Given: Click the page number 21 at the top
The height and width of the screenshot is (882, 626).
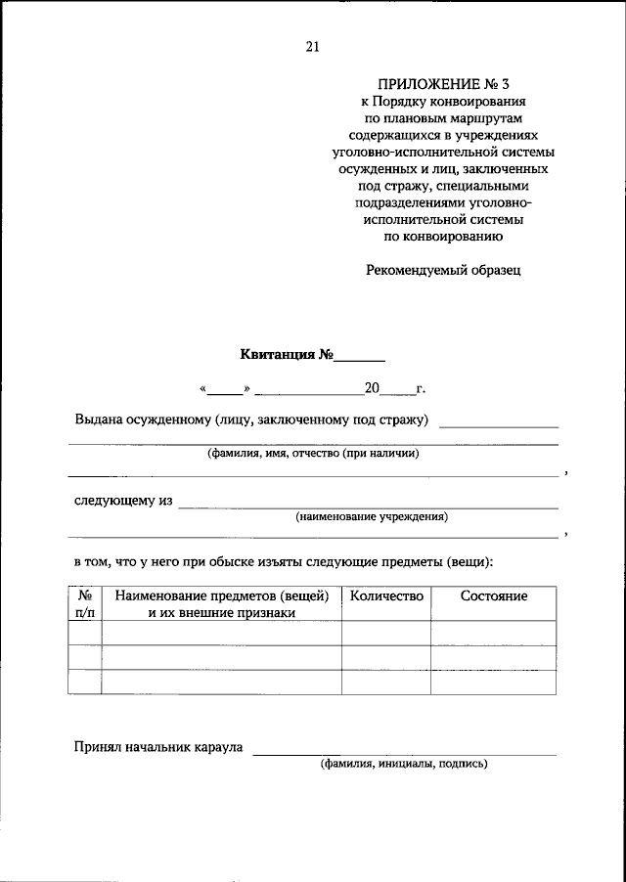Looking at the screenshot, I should [312, 46].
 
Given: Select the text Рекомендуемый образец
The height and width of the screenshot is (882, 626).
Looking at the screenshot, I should [443, 270].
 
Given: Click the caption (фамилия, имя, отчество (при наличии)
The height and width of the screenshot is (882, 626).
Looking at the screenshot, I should [313, 454].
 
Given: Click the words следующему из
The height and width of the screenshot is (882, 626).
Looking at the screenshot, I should [123, 501].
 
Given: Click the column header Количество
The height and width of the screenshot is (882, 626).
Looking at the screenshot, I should [385, 595].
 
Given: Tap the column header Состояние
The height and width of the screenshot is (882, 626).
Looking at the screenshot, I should [493, 595].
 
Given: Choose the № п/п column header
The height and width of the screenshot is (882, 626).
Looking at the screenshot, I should [84, 603].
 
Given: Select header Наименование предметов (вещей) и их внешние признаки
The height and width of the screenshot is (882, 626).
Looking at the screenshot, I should [221, 603].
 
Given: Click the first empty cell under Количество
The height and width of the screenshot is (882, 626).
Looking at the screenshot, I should [385, 633].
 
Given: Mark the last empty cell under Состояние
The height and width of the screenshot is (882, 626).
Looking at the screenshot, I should [493, 682].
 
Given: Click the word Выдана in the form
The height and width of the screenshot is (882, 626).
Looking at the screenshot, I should [98, 420].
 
